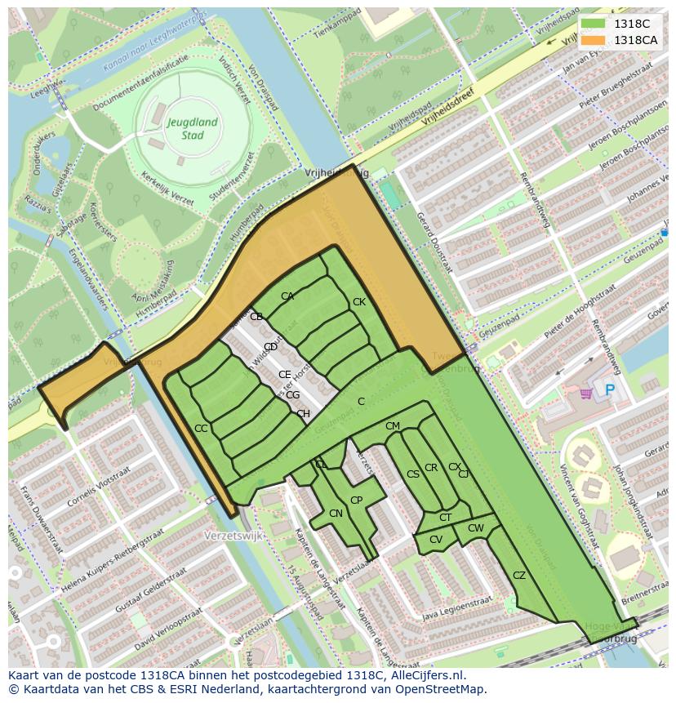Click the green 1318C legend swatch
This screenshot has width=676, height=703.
pos(594,24)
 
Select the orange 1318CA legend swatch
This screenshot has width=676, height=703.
pos(594,40)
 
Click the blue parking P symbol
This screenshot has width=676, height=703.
pos(609,391)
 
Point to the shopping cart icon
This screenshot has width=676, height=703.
pos(585,393)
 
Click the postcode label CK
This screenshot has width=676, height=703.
pos(359,302)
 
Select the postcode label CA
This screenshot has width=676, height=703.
pos(287,296)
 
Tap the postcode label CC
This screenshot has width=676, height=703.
pos(201,429)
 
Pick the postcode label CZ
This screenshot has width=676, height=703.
pos(519,576)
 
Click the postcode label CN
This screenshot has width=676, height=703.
pos(336,514)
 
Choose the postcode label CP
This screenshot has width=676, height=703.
pos(356,501)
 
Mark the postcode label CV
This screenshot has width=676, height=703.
pos(436,540)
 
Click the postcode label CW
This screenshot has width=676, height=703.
pos(475,528)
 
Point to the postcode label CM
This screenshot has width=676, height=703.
pos(393,426)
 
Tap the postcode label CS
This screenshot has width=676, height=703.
pos(413,474)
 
